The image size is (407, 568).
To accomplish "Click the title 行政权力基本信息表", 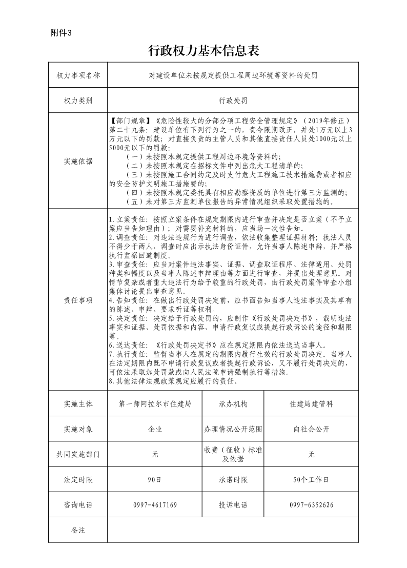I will tap(203, 50).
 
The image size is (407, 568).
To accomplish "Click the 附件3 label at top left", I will tap(62, 33).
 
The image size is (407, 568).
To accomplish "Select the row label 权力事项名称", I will tap(78, 75).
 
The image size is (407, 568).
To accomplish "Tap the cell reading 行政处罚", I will tap(233, 100).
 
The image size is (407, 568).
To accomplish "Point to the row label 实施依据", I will tap(78, 161).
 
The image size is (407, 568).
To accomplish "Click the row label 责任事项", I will tap(78, 300).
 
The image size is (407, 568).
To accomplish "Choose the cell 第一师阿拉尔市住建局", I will tap(155, 404).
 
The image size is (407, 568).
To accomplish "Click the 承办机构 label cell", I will tap(233, 404).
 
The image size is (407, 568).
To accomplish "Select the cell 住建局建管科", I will tap(311, 404).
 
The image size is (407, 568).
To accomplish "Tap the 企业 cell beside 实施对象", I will tap(155, 429).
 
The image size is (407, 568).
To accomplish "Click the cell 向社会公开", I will tap(311, 429).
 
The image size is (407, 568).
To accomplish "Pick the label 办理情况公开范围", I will tap(233, 429).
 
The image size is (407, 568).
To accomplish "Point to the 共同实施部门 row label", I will tap(78, 454).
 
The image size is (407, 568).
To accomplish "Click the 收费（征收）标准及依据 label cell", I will tap(233, 454).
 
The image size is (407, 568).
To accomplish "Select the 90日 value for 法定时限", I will tap(155, 480).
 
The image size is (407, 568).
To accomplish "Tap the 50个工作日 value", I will tap(311, 480).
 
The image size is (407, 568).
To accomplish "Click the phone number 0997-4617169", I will tap(155, 505).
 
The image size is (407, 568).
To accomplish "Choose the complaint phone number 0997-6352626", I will tap(311, 505).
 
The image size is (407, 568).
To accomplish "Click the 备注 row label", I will tap(78, 530).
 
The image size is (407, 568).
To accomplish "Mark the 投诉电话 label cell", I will tap(233, 505).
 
